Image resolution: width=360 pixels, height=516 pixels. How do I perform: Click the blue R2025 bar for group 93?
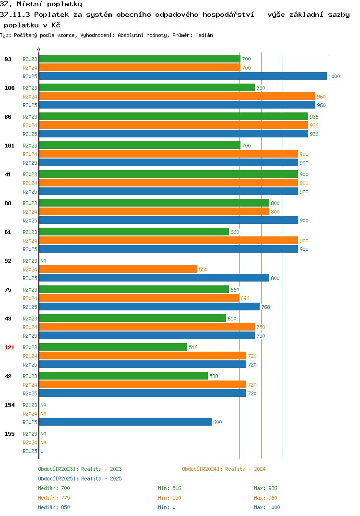183,76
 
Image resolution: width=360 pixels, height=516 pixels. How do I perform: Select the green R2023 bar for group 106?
147,87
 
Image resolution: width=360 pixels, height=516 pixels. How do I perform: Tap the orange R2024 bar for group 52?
119,269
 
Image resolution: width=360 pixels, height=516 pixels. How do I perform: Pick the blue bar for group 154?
126,422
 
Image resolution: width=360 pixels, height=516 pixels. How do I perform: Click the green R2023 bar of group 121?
113,347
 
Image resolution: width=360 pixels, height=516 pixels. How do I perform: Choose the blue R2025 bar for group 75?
150,307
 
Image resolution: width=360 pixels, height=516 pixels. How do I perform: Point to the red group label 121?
10,347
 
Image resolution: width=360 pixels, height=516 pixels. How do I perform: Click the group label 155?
10,434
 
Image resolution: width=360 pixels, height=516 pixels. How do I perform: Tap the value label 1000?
334,76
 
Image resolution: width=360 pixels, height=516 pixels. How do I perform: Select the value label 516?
193,347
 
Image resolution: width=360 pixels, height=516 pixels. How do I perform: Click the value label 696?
245,298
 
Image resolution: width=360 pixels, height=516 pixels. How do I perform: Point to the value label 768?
265,307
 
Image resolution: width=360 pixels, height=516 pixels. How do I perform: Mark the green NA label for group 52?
43,261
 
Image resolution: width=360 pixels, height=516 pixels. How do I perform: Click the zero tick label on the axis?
39,49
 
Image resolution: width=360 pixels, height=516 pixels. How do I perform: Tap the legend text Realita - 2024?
245,469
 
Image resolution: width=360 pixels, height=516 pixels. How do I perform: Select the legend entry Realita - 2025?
101,479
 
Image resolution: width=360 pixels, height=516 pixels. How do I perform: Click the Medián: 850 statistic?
54,507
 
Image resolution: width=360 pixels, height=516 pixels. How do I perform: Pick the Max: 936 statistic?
265,488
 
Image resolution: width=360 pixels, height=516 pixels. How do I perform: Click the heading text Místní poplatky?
49,4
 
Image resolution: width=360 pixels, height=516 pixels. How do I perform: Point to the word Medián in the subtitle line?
204,35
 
